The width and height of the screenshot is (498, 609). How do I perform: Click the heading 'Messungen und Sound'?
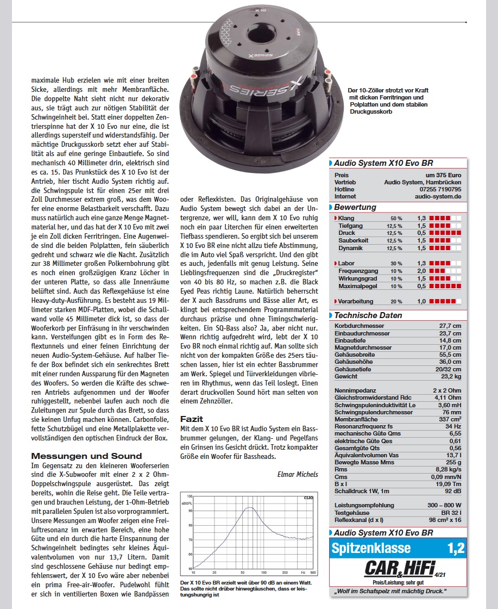[86, 456]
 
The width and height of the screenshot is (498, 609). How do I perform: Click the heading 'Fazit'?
[192, 419]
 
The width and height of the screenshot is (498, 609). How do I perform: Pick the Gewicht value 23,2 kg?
[450, 376]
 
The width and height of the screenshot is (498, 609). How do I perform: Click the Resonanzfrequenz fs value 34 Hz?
[452, 426]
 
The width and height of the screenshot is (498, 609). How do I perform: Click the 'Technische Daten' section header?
[368, 315]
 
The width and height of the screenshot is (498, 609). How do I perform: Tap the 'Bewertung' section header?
[355, 207]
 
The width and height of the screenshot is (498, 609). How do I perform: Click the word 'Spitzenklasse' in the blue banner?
[371, 548]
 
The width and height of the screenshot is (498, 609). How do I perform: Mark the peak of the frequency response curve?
[249, 507]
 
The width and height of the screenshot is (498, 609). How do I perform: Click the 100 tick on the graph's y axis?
[190, 497]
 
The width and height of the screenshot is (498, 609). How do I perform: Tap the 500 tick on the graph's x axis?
[313, 573]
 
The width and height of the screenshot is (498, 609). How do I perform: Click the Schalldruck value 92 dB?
[452, 491]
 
